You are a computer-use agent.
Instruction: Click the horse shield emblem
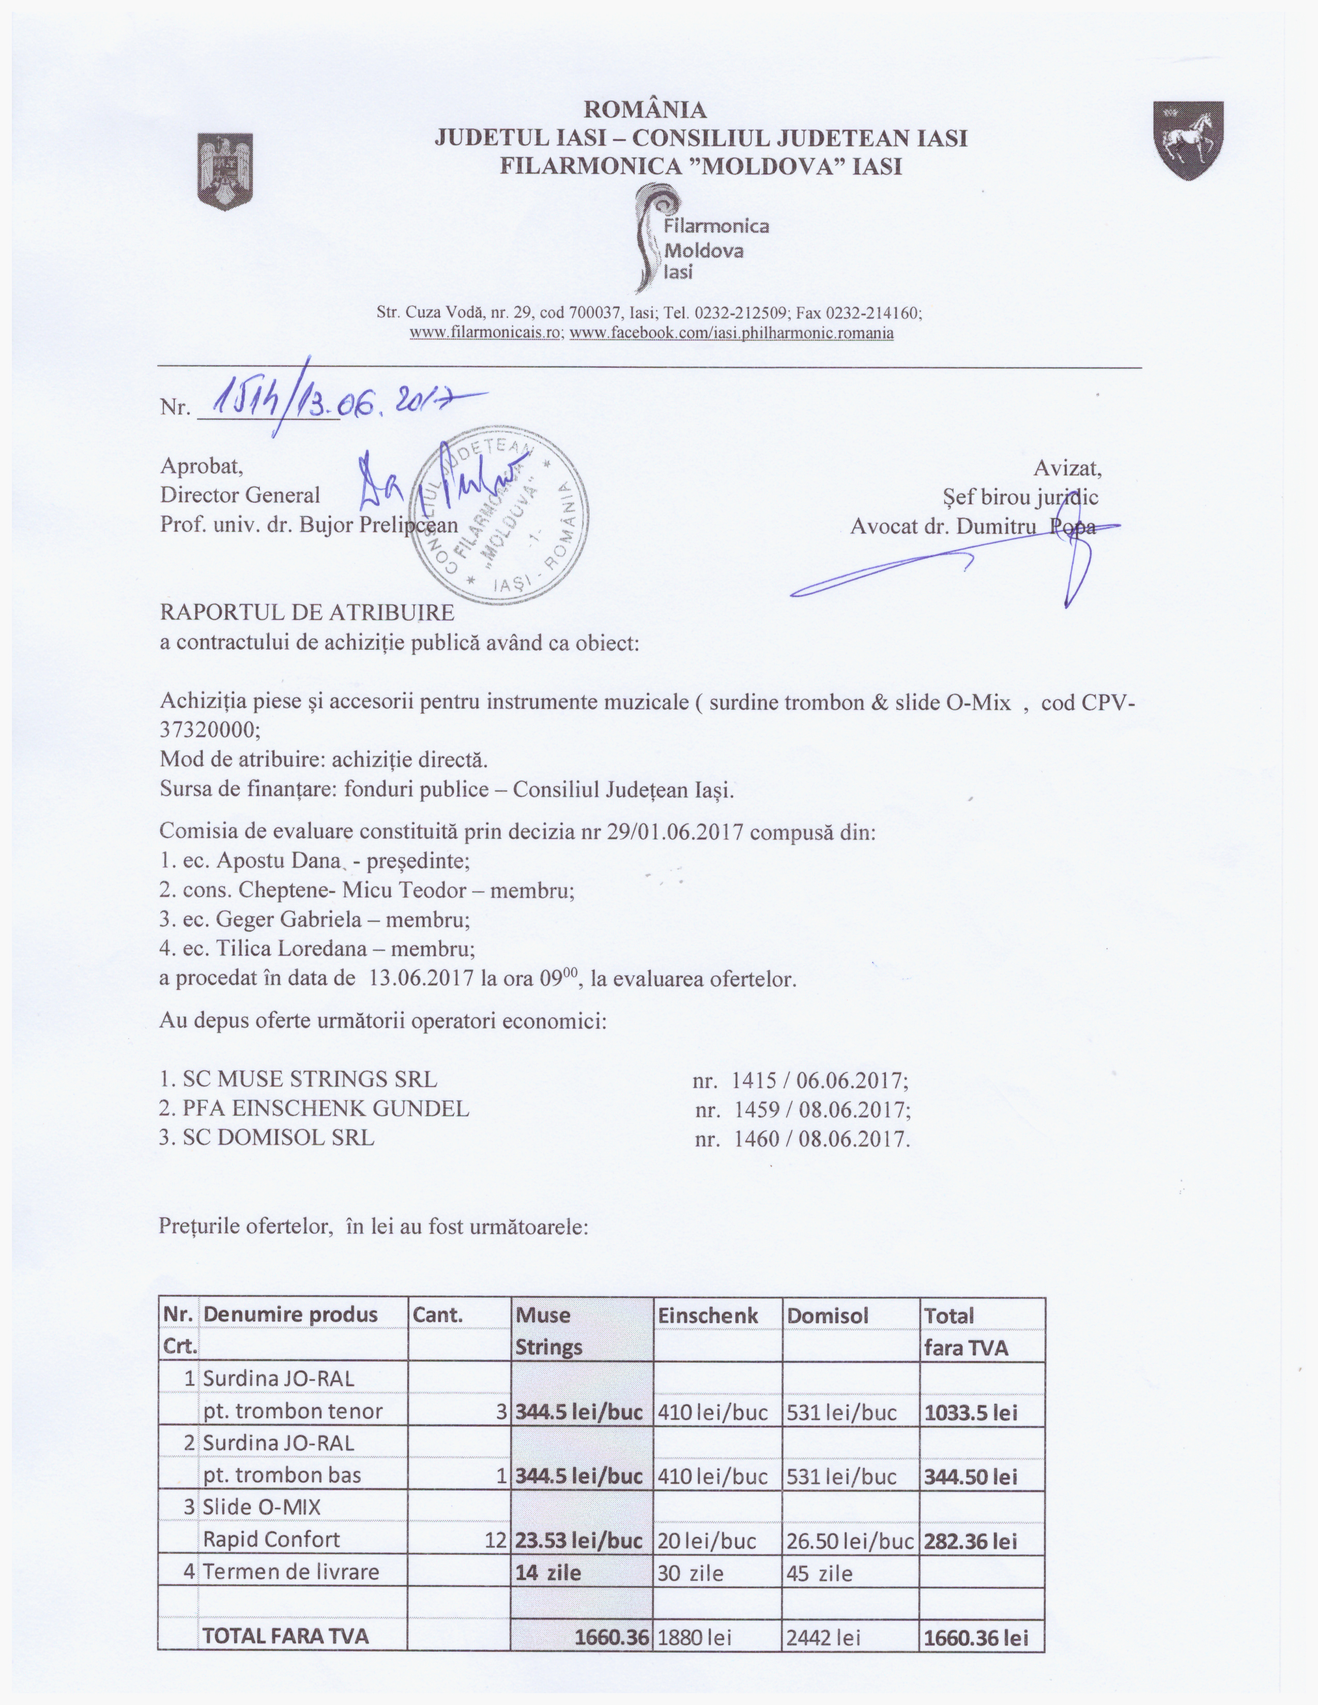click(1188, 141)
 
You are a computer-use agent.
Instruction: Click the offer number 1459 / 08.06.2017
click(803, 1109)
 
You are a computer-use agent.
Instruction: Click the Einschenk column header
click(708, 1315)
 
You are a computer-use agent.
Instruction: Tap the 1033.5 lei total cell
click(971, 1412)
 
